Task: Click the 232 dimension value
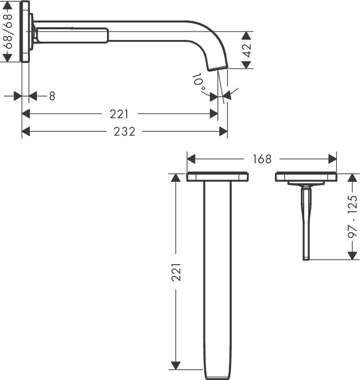(x=125, y=132)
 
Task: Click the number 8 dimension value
(x=52, y=96)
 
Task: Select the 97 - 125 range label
(x=353, y=217)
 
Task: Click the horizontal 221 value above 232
(x=119, y=114)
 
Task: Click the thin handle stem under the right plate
(x=306, y=222)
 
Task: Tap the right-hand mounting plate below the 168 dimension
(x=306, y=177)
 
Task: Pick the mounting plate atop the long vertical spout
(x=217, y=177)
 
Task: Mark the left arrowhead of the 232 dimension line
(x=25, y=132)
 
